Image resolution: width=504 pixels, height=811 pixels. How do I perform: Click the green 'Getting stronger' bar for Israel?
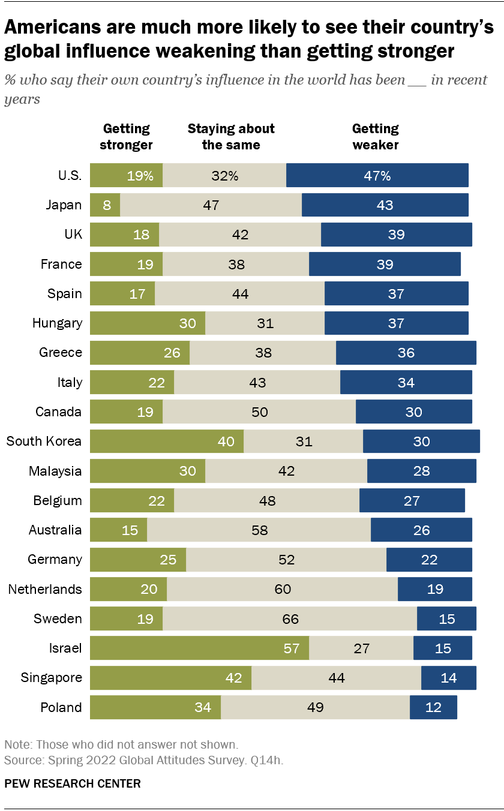[199, 648]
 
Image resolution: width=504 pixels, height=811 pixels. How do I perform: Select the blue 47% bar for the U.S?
[377, 175]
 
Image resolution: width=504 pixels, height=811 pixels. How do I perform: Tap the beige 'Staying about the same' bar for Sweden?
[289, 618]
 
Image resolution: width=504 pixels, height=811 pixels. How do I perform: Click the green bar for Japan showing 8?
[105, 205]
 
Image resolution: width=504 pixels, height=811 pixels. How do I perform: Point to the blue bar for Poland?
[433, 707]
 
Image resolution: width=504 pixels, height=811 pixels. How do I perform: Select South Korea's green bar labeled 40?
[167, 441]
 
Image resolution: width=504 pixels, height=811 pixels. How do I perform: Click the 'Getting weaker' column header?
[376, 137]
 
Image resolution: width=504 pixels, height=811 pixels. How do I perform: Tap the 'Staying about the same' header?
[231, 137]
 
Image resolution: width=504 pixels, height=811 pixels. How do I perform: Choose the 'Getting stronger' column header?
[126, 137]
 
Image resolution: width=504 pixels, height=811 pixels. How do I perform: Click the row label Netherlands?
[45, 589]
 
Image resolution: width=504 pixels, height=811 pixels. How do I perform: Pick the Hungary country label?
[57, 323]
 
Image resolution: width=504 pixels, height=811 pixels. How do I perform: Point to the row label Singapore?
[51, 678]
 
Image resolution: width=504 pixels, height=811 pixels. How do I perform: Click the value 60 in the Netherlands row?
[282, 589]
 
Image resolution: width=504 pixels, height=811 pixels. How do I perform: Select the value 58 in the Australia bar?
[259, 530]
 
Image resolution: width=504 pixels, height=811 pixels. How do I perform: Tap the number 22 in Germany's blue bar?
[429, 560]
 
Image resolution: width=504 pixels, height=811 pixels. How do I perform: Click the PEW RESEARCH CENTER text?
[73, 783]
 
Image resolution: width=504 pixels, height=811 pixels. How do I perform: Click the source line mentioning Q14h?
[144, 761]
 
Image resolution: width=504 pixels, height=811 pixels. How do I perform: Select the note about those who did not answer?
[121, 744]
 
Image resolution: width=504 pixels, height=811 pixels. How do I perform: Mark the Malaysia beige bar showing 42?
[286, 471]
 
